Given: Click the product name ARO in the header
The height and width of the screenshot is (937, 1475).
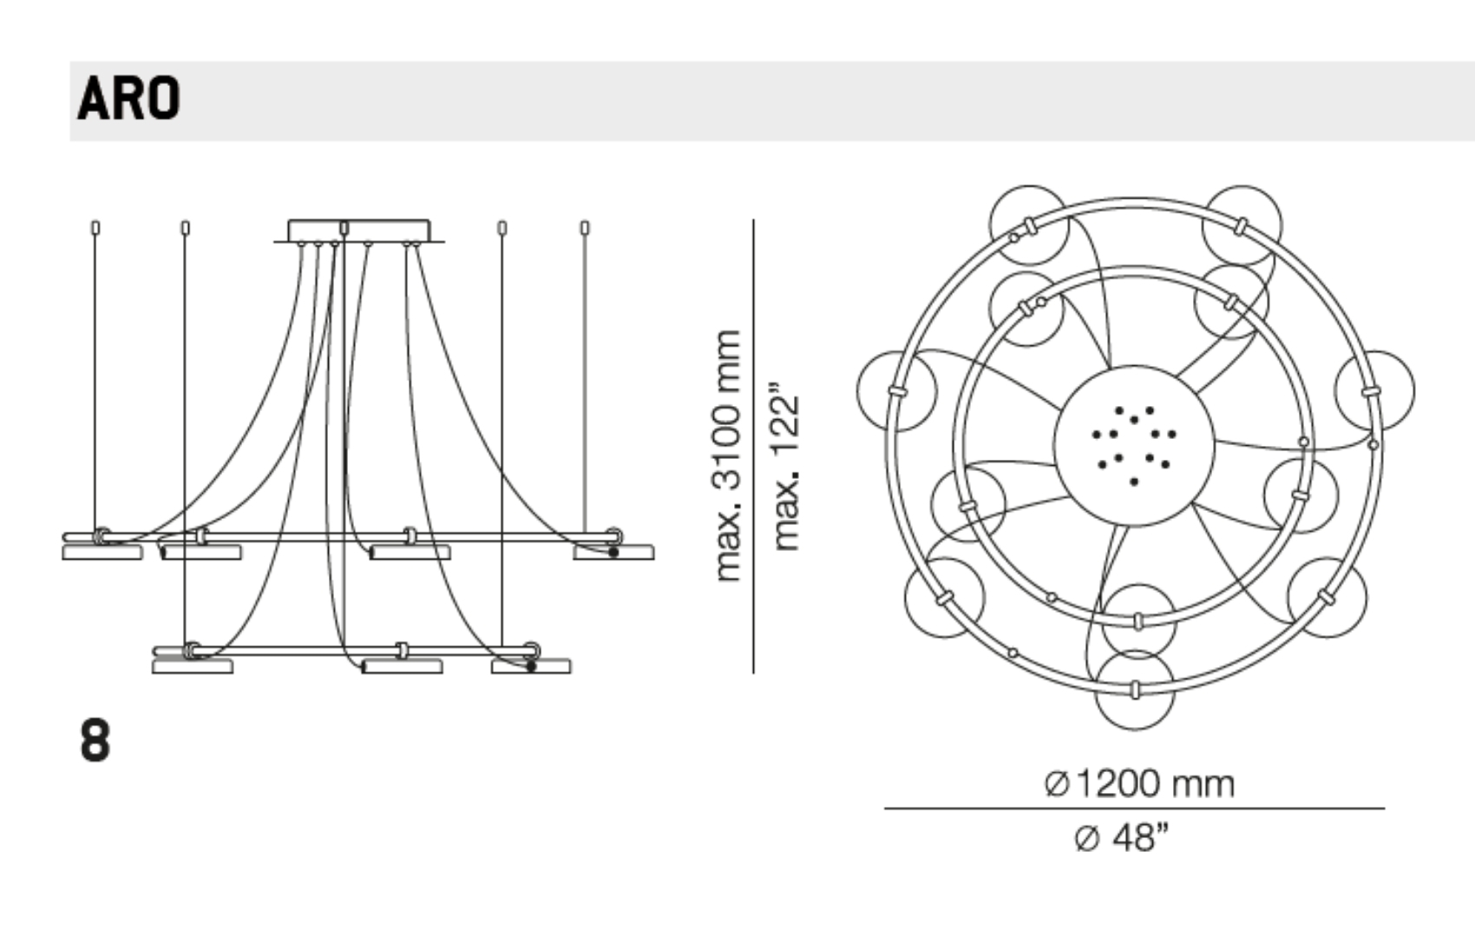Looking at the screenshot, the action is [x=128, y=98].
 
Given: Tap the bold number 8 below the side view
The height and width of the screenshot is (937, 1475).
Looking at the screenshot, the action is [x=95, y=741].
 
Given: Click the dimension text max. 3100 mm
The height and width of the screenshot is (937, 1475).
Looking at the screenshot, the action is [x=728, y=455].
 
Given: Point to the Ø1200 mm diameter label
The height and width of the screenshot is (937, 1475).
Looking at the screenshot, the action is [x=1139, y=783].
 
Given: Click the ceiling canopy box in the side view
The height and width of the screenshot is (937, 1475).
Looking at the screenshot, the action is [x=359, y=231].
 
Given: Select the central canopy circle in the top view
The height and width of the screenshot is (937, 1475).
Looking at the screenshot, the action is [x=1134, y=446].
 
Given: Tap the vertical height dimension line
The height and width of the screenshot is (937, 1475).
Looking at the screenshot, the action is [x=753, y=447].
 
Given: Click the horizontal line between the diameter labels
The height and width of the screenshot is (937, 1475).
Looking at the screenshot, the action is [x=1134, y=809].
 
